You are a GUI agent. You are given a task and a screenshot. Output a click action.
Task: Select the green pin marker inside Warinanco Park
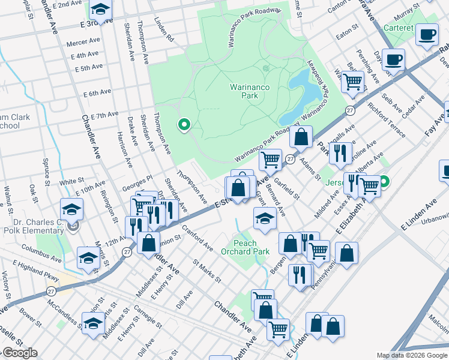[184, 125]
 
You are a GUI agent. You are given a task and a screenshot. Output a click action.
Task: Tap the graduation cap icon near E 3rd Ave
[100, 10]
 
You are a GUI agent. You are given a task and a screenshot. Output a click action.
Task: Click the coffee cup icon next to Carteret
[427, 35]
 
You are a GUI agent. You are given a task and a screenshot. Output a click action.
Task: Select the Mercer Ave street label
[83, 43]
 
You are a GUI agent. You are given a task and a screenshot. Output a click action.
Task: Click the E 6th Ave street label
[97, 93]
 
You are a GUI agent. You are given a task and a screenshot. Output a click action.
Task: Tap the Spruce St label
[46, 170]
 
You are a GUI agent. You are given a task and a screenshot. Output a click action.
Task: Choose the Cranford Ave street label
[197, 236]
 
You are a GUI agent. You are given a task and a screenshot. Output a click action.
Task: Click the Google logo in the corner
[19, 353]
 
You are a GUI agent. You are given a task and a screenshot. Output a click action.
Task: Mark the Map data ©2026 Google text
[412, 355]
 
